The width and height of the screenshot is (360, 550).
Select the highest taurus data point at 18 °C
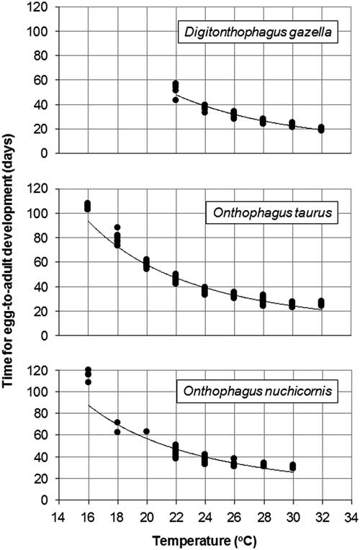[x=117, y=227]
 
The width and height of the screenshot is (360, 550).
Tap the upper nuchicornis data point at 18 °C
[x=117, y=422]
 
